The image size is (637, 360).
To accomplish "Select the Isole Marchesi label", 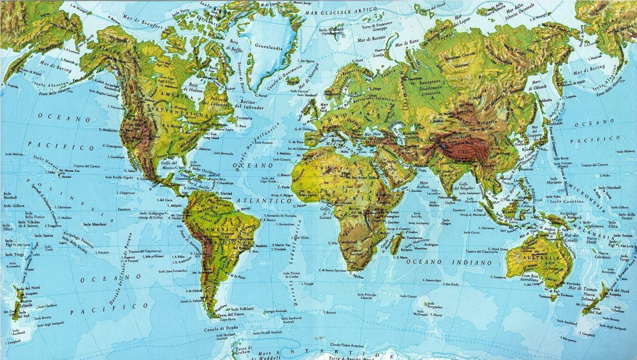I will click(95, 224).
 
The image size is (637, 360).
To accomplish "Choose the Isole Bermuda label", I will click(224, 153).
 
